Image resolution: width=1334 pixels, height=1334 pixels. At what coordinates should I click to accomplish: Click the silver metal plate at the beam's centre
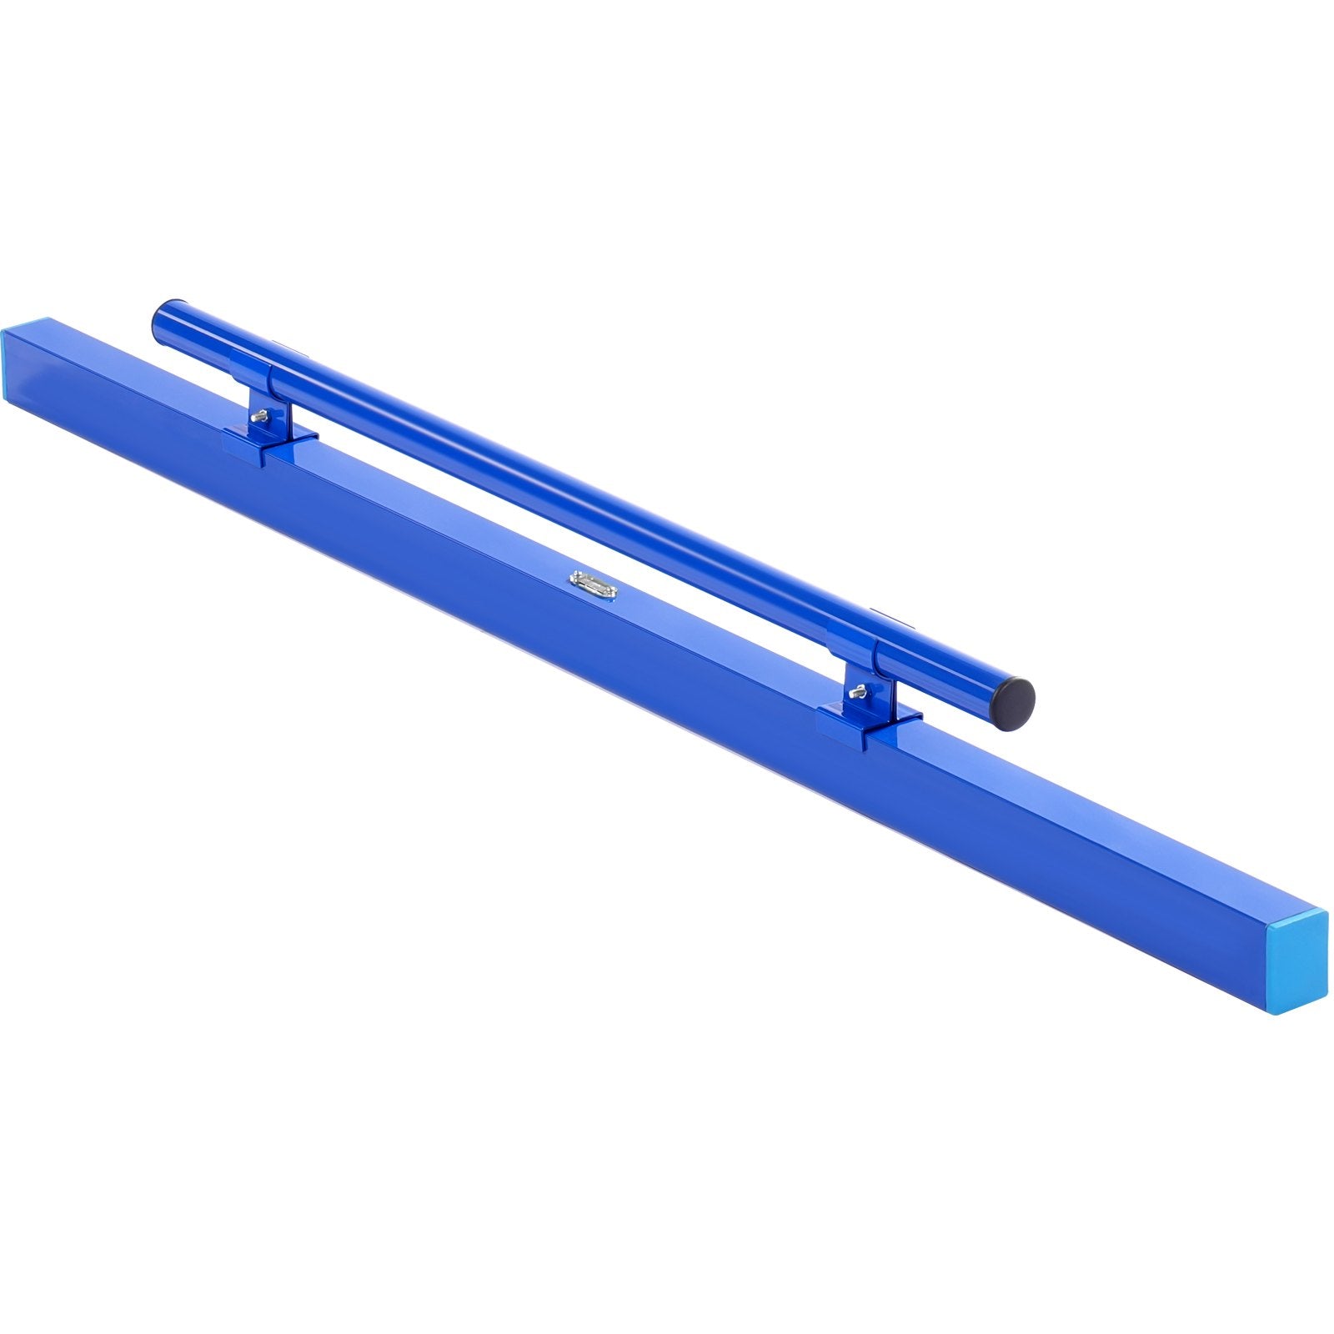point(590,582)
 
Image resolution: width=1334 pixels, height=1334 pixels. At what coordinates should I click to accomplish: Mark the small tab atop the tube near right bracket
point(875,614)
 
